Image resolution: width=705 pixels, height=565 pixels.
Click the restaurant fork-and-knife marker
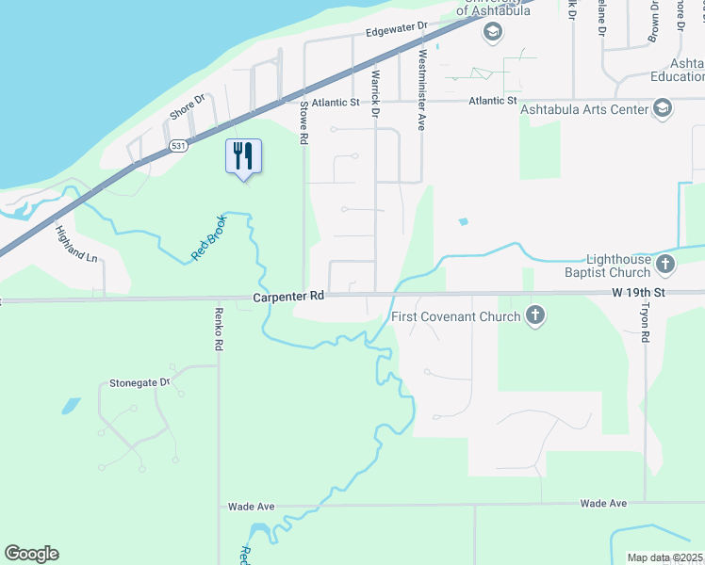(x=244, y=156)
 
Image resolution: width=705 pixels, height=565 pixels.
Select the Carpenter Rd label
(x=288, y=296)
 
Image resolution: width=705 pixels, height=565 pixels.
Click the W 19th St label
(x=638, y=293)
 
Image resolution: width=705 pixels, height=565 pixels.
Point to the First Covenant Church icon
(x=535, y=315)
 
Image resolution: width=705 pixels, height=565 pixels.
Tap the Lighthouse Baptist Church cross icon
(x=665, y=263)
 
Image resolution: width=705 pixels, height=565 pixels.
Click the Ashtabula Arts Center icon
(x=663, y=109)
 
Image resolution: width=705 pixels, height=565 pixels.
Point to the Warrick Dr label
(x=375, y=94)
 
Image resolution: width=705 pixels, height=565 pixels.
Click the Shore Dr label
(x=188, y=106)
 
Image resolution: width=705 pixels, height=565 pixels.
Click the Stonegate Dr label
(x=139, y=383)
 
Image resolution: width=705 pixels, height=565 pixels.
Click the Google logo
(x=31, y=554)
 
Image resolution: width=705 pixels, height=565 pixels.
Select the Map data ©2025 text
(x=664, y=557)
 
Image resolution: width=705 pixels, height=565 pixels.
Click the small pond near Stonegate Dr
(x=71, y=407)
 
